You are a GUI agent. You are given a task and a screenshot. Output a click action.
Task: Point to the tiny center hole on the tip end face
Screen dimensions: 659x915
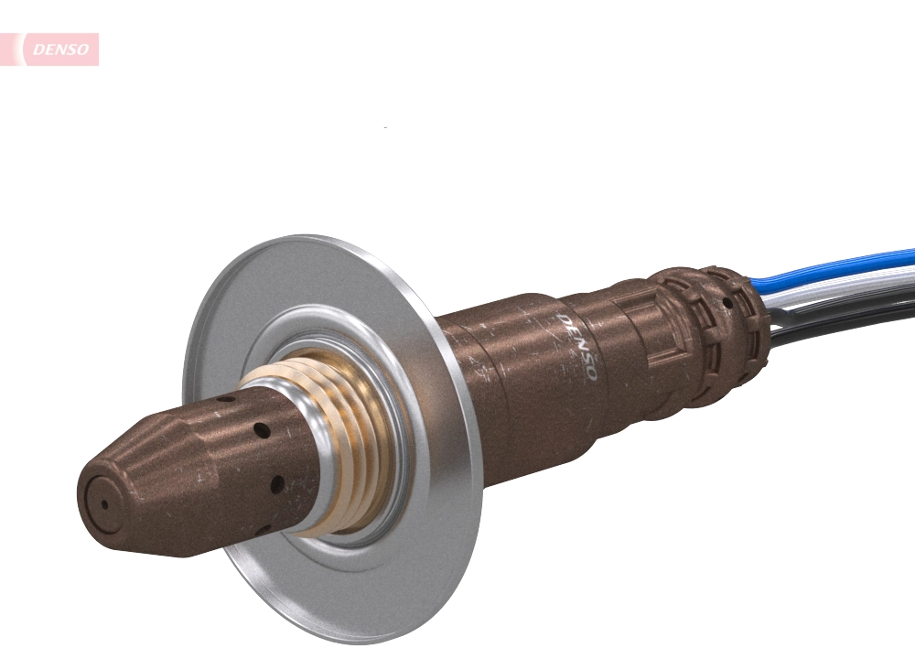(x=104, y=503)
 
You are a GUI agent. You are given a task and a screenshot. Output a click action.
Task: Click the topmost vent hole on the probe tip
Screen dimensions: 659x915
(x=222, y=400)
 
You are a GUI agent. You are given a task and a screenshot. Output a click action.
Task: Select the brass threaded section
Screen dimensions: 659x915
(x=352, y=439)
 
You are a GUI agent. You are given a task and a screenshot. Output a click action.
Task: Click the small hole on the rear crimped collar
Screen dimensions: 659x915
(x=728, y=303)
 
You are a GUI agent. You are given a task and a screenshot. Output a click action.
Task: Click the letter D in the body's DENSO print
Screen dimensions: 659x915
(x=565, y=320)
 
